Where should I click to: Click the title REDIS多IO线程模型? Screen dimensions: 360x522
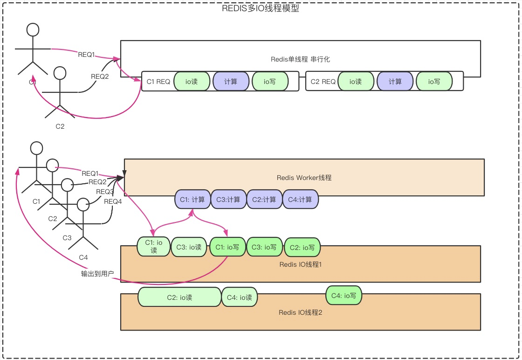point(261,8)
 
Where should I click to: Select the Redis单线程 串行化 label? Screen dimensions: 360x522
point(300,59)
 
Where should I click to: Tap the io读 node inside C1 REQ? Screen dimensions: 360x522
point(192,82)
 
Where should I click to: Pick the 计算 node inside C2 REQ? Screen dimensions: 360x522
point(395,82)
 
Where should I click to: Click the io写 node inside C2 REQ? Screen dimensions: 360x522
point(434,82)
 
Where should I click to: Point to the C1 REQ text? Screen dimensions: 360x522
point(158,82)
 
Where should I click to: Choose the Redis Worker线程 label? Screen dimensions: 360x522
point(304,178)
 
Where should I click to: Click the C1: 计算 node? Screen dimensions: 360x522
point(192,199)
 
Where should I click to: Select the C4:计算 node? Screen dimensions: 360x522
point(300,199)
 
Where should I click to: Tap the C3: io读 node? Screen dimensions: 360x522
point(189,247)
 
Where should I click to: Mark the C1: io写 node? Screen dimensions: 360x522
point(227,247)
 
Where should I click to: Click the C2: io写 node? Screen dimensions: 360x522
point(302,248)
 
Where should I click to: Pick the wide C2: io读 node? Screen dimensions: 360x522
point(179,297)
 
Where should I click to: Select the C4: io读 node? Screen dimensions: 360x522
point(240,297)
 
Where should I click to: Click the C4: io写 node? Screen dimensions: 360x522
point(344,295)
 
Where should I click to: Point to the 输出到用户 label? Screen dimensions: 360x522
point(97,274)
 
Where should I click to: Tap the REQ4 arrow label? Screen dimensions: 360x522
point(113,201)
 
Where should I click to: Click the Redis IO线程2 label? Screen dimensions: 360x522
point(300,312)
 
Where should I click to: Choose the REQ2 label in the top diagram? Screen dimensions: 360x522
point(99,76)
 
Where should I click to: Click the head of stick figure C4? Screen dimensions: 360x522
point(83,204)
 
